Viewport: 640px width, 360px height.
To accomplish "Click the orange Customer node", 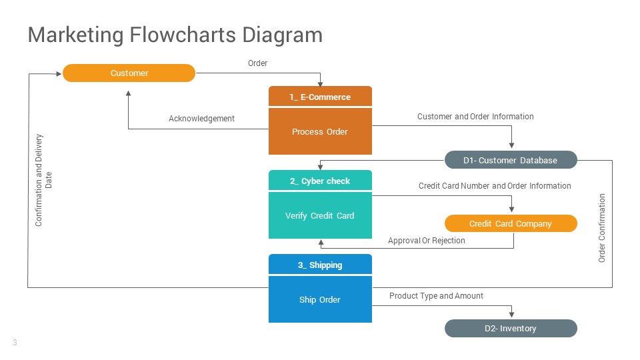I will pos(129,73).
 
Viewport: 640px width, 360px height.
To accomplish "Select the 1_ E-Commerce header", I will pos(320,97).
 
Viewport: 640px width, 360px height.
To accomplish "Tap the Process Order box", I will pos(320,132).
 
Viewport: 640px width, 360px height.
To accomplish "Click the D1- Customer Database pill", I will pos(511,160).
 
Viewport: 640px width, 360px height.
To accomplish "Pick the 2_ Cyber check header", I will pos(320,181).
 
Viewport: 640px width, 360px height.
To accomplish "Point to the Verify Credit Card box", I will pos(320,216).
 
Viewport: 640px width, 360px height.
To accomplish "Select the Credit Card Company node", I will pos(511,223).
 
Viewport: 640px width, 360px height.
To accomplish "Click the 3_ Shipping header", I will pos(320,265).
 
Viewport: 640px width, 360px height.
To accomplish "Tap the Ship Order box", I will pos(320,300).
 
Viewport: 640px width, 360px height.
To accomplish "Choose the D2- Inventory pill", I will pos(511,328).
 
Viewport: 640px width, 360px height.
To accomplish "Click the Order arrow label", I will pos(257,63).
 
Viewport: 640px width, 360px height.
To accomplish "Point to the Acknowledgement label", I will pos(201,119).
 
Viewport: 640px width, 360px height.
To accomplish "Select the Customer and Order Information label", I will pos(475,117).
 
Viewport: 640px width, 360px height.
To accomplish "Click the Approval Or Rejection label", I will pos(427,241).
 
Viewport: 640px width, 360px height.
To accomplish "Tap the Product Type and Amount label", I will pos(436,296).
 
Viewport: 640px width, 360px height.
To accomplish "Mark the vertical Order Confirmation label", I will pos(602,228).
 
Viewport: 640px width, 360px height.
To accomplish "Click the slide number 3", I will pos(15,343).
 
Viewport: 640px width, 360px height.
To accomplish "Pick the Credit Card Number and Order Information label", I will pos(495,186).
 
